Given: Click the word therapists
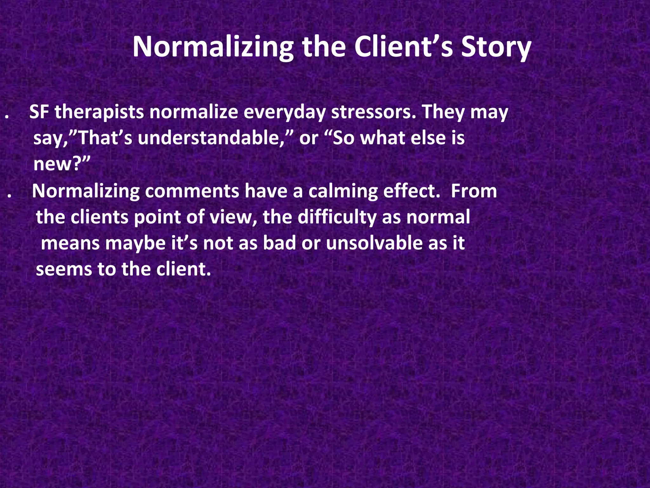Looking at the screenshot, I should coord(99,112).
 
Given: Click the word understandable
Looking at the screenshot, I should coord(210,138).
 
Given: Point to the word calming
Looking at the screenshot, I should coord(343,192).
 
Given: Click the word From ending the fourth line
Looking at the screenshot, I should coord(474,191).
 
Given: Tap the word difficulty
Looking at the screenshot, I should coord(337,217).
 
